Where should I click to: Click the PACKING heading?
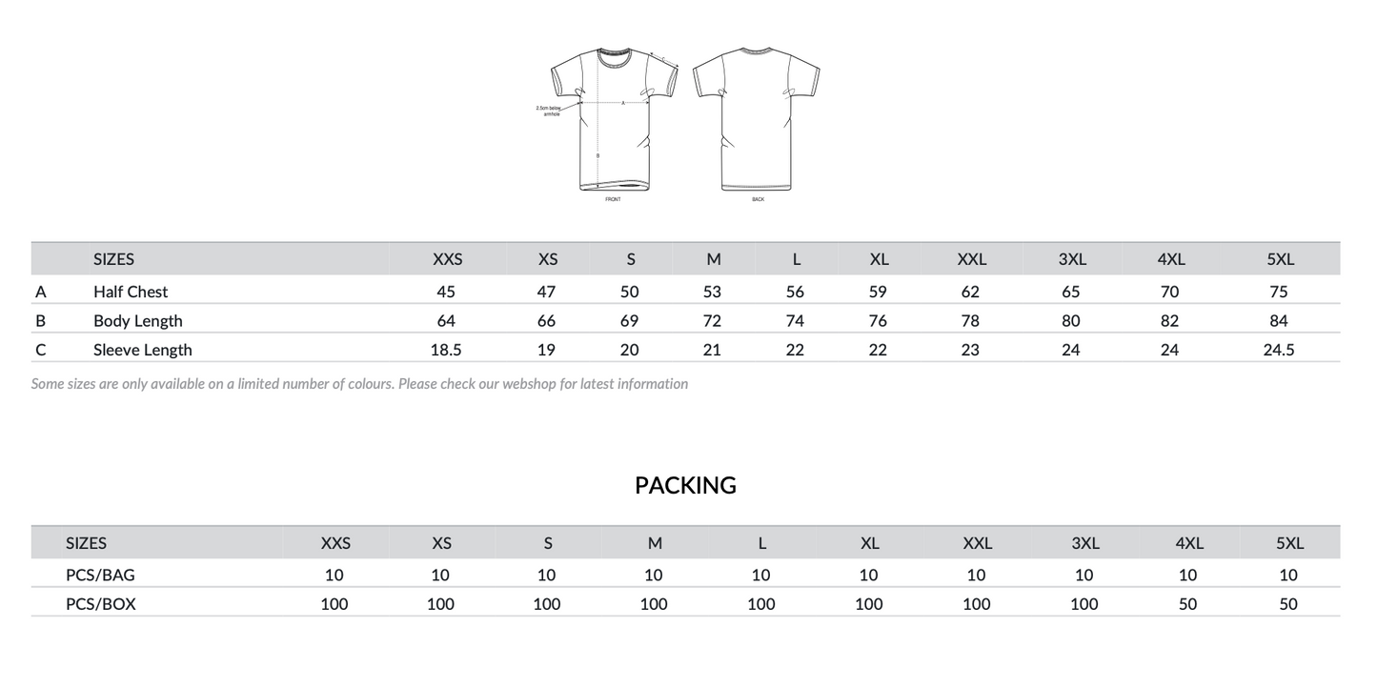pyautogui.click(x=685, y=485)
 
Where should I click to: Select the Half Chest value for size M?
pyautogui.click(x=712, y=292)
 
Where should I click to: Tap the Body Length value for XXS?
pyautogui.click(x=446, y=321)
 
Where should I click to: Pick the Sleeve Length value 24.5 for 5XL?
pyautogui.click(x=1278, y=350)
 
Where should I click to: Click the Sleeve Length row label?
pyautogui.click(x=142, y=350)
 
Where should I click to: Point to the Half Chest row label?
pyautogui.click(x=131, y=292)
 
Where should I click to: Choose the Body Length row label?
pyautogui.click(x=137, y=321)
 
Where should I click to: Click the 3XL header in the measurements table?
pyautogui.click(x=1072, y=259)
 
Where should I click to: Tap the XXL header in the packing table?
pyautogui.click(x=977, y=543)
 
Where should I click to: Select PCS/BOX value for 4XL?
pyautogui.click(x=1187, y=604)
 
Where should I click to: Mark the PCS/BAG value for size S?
pyautogui.click(x=546, y=575)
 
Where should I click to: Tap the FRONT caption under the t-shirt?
pyautogui.click(x=613, y=199)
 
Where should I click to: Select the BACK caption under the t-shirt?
pyautogui.click(x=758, y=199)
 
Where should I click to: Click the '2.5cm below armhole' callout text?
pyautogui.click(x=550, y=111)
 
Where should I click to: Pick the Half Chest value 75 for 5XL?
pyautogui.click(x=1278, y=292)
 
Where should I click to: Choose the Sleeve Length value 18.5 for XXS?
pyautogui.click(x=446, y=350)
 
